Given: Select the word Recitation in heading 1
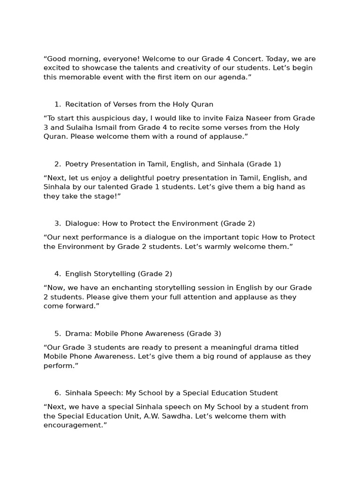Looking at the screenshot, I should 83,104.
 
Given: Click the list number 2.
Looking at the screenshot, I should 57,164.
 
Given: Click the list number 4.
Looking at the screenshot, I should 57,274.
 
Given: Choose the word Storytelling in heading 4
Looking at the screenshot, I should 115,274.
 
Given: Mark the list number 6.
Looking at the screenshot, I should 57,393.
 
